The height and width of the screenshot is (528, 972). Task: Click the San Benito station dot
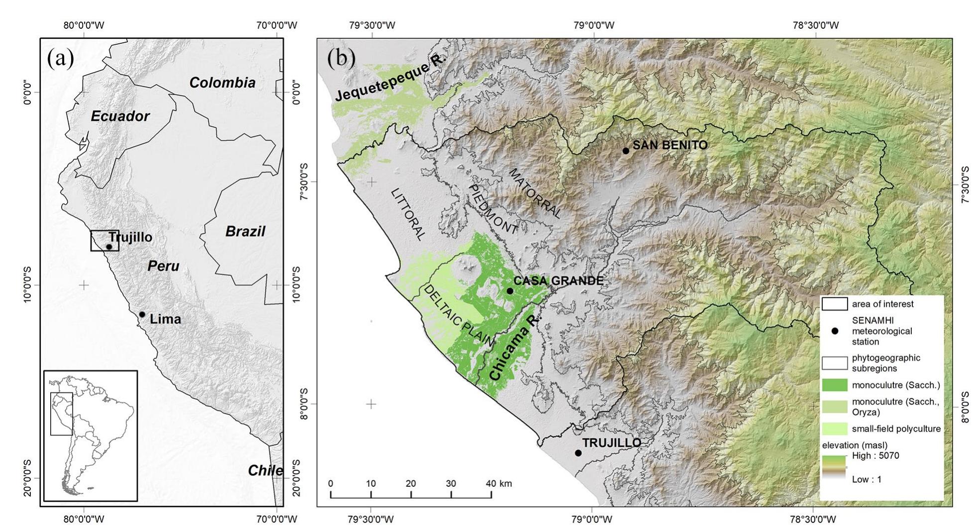[626, 151]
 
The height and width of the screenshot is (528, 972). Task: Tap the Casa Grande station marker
[509, 291]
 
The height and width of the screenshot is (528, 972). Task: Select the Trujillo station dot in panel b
[578, 453]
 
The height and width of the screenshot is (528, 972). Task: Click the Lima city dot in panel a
[142, 314]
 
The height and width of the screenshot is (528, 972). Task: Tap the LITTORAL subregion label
[408, 214]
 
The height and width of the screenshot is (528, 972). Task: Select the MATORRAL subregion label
[535, 192]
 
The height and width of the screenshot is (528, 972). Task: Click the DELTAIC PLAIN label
[458, 316]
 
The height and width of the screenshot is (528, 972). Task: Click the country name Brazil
[245, 232]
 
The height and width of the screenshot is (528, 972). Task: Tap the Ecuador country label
[120, 116]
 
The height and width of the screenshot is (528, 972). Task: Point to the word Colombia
[222, 83]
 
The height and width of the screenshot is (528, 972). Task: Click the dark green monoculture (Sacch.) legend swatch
[834, 385]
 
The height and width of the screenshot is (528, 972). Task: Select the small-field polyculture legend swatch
[834, 429]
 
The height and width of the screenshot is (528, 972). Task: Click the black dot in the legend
[835, 331]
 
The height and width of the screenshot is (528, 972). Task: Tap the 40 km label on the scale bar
[499, 483]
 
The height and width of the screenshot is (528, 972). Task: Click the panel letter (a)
[60, 59]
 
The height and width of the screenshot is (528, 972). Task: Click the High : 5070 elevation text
[875, 455]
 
